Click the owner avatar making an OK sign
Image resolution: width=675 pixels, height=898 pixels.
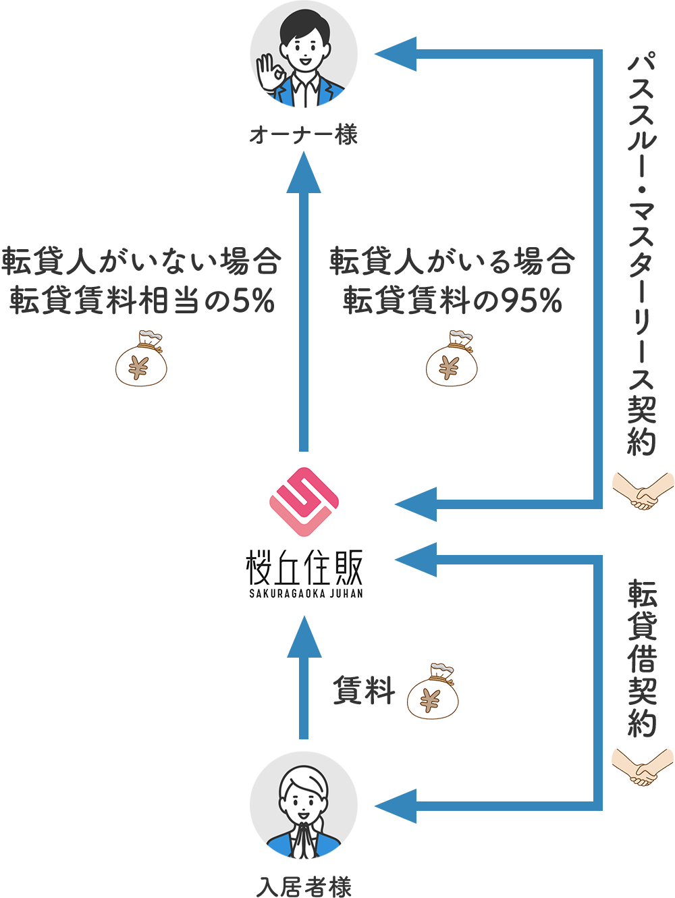coord(304,54)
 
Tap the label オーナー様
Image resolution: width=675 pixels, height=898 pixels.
coord(304,136)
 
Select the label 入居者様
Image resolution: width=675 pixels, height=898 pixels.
coord(304,886)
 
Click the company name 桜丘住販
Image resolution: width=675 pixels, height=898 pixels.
coord(304,567)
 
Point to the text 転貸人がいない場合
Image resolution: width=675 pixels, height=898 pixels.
coord(141,261)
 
